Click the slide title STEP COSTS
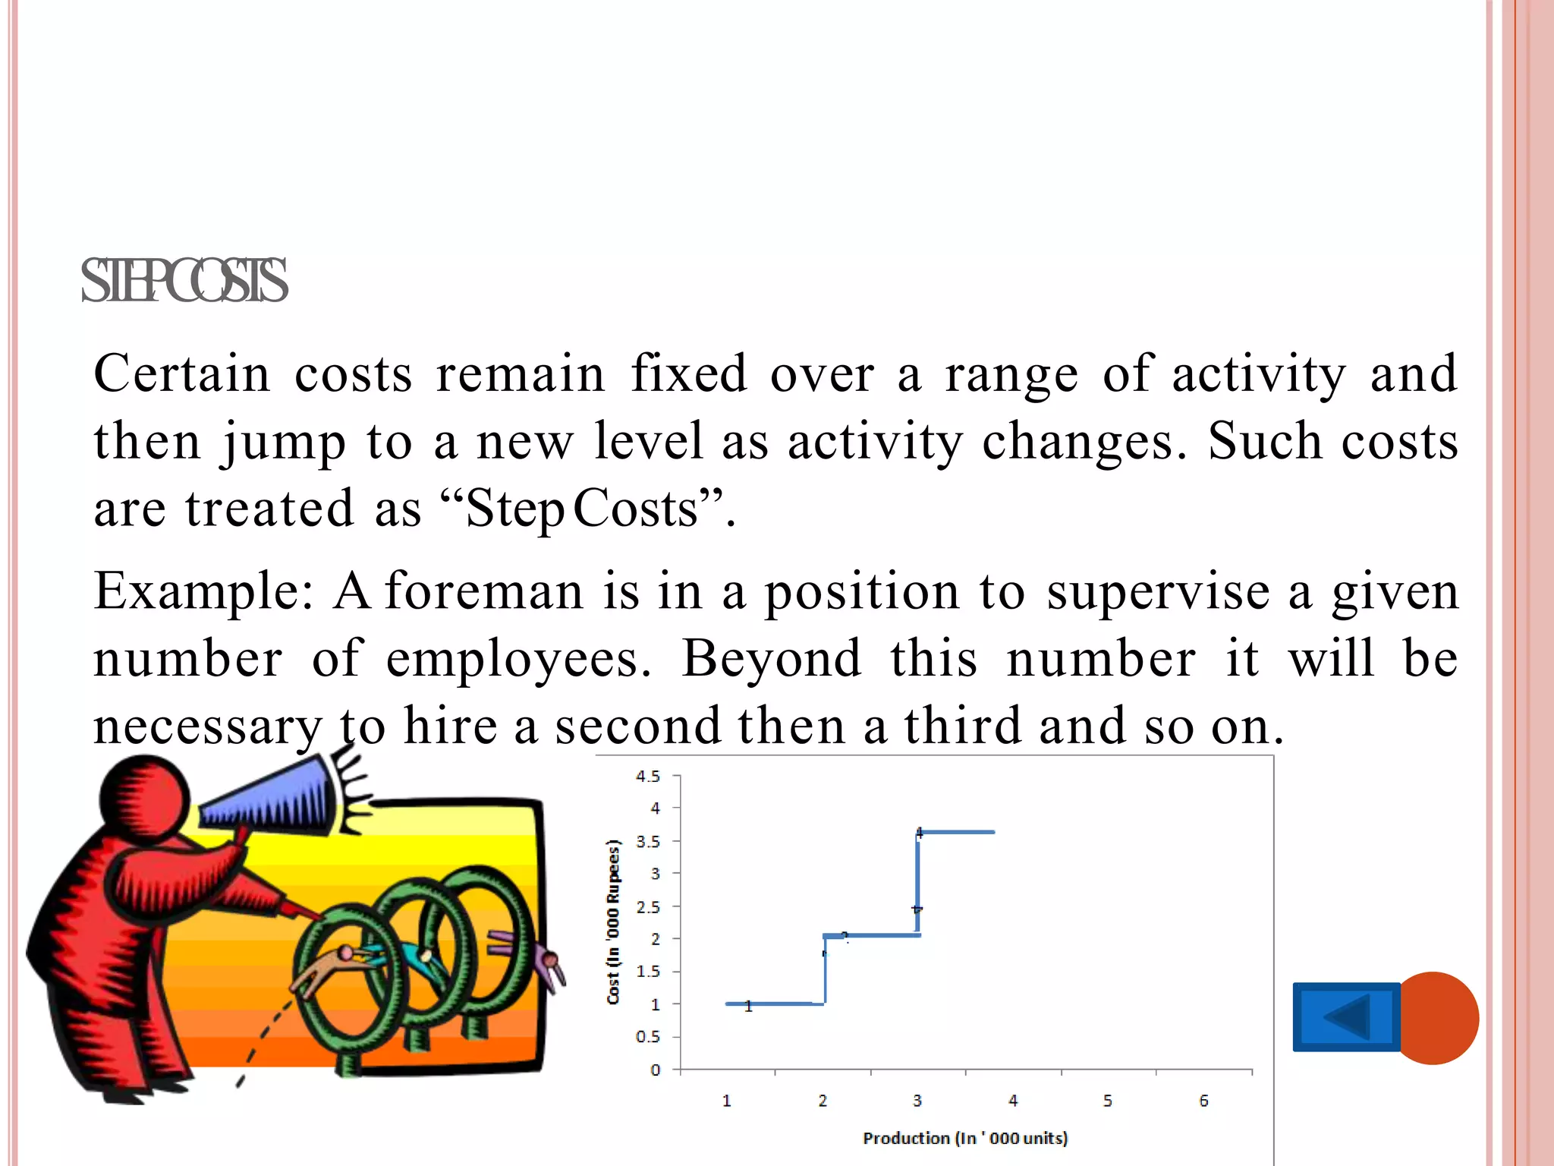click(184, 281)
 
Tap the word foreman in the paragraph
click(484, 591)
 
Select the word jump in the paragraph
click(285, 443)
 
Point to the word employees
click(518, 659)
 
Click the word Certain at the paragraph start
click(182, 374)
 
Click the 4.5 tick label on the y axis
click(647, 777)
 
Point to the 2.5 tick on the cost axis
click(647, 907)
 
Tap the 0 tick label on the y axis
click(655, 1070)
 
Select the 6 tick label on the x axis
click(1203, 1101)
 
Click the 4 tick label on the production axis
click(1013, 1101)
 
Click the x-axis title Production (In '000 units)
click(965, 1138)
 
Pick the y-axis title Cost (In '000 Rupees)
click(613, 922)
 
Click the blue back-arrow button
click(1346, 1017)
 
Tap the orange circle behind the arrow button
click(1442, 1017)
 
